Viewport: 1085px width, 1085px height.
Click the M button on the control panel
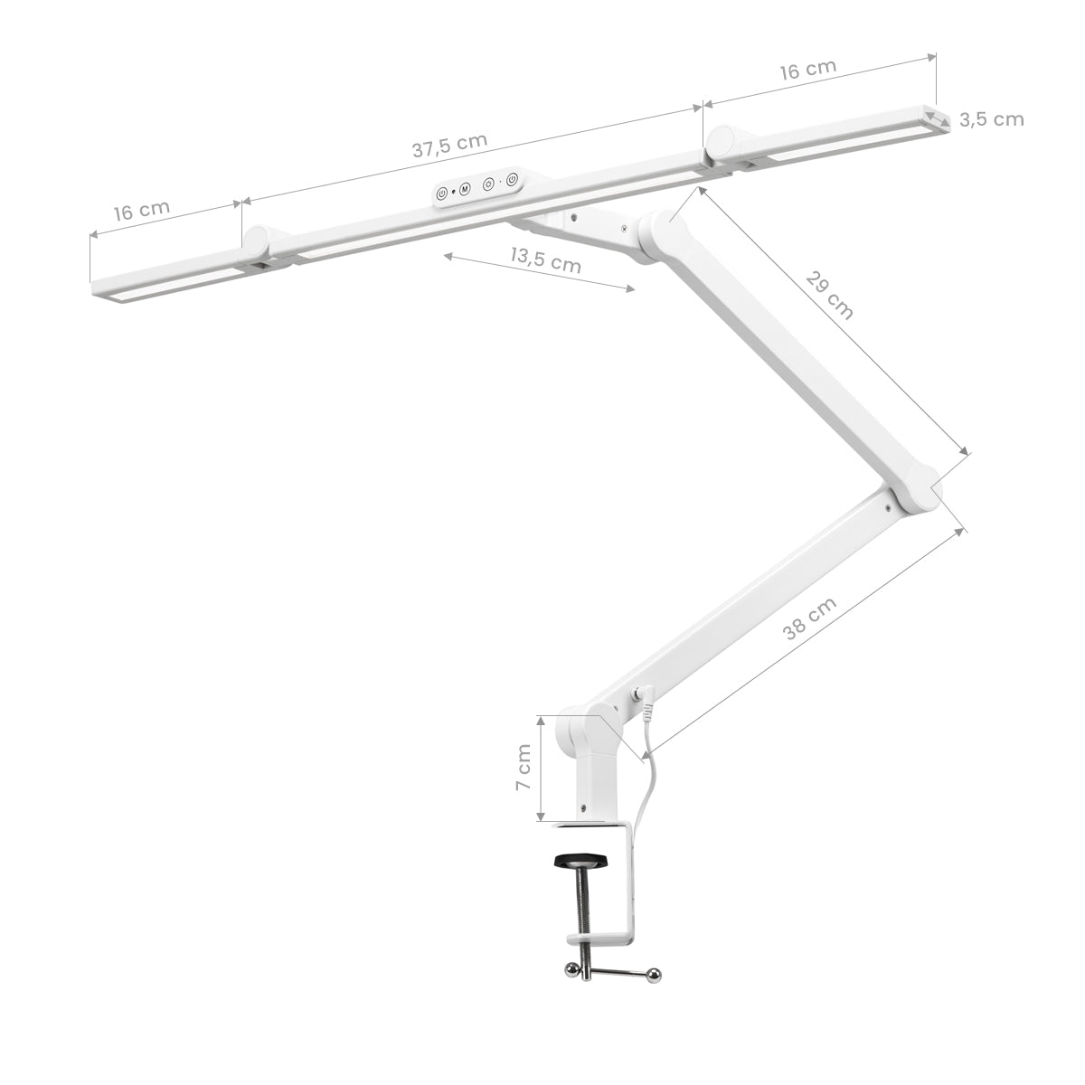pyautogui.click(x=465, y=189)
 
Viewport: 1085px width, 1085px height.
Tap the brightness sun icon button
pyautogui.click(x=488, y=184)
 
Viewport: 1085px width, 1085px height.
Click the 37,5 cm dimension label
pyautogui.click(x=449, y=146)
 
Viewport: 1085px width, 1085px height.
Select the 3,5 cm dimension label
pyautogui.click(x=991, y=119)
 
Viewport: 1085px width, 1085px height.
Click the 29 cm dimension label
pyautogui.click(x=830, y=295)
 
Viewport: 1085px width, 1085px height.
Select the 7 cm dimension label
pyautogui.click(x=523, y=768)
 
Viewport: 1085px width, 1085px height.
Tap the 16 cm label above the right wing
pyautogui.click(x=807, y=71)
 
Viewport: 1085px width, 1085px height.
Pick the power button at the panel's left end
pyautogui.click(x=442, y=193)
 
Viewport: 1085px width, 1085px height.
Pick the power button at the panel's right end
pyautogui.click(x=512, y=179)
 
